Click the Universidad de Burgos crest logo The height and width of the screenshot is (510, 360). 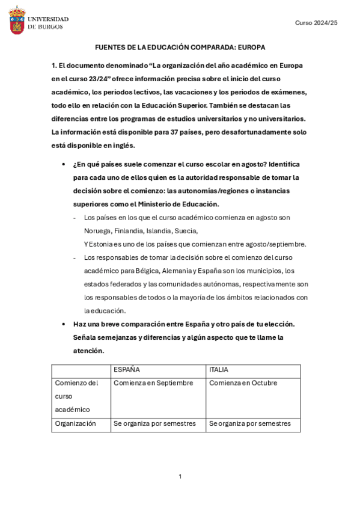point(17,20)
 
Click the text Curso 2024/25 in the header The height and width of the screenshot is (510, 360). point(316,22)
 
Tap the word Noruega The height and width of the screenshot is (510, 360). point(96,230)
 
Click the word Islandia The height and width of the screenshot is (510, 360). point(159,230)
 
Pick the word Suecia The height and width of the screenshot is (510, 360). point(186,230)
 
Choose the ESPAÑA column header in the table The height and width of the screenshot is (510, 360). point(127,370)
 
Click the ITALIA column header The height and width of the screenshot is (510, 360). point(219,370)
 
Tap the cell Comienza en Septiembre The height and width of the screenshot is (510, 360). point(153,383)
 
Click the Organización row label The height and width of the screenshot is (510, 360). point(75,423)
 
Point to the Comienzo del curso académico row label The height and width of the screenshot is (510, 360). point(76,396)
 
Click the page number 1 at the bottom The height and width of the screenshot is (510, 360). point(180,477)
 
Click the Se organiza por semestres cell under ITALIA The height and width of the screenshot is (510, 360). point(250,423)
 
